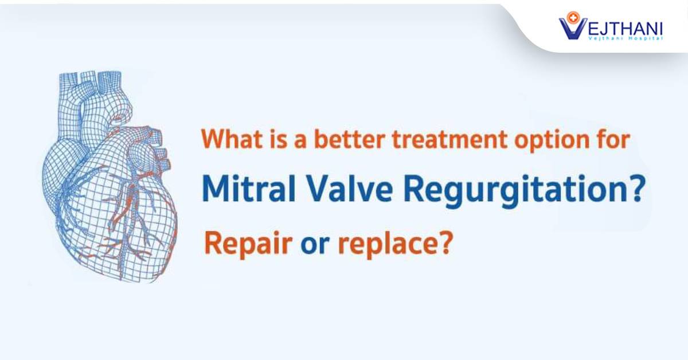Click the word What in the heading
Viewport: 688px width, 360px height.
coord(232,139)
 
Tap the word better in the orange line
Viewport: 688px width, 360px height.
coord(349,139)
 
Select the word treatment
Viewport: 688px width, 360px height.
coord(449,139)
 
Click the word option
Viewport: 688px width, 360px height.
coord(552,141)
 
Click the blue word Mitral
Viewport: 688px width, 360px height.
coord(249,188)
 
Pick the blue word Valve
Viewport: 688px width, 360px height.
coord(350,188)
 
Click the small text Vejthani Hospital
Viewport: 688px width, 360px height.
coord(626,38)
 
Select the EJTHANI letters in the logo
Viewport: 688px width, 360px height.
coord(626,28)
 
